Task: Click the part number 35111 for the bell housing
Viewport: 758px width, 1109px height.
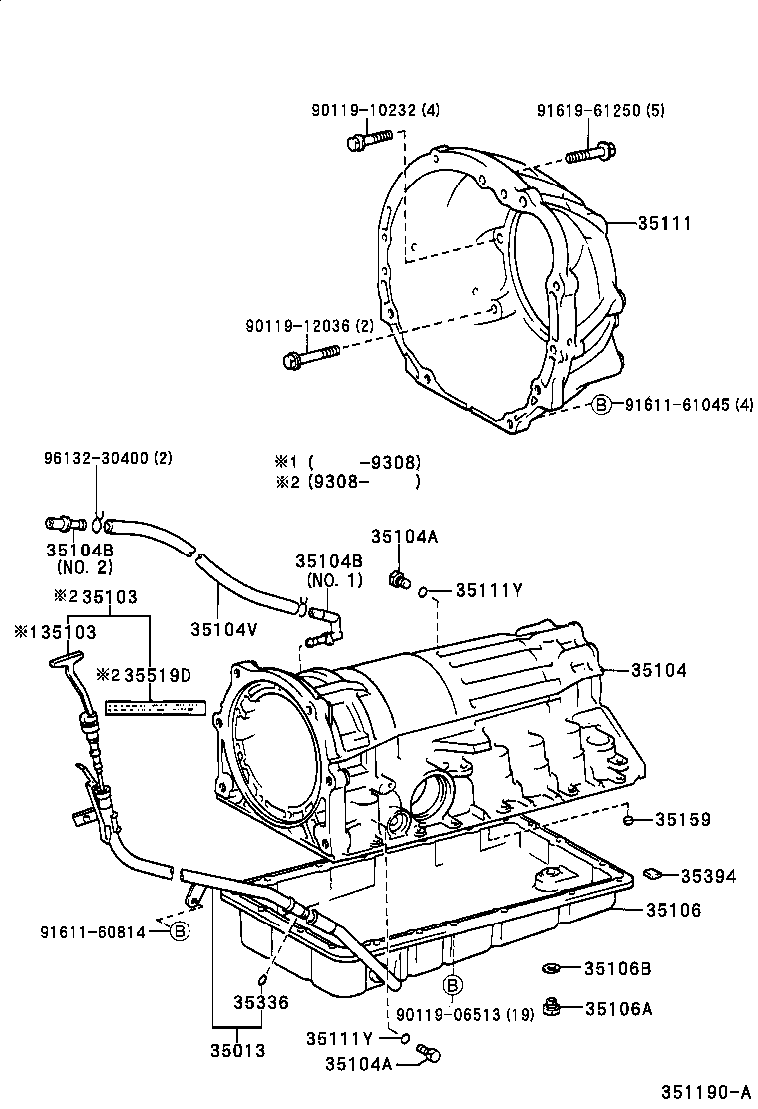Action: pyautogui.click(x=665, y=224)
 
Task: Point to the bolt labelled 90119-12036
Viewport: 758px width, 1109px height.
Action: pyautogui.click(x=311, y=355)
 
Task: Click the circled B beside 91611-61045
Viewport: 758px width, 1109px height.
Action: pyautogui.click(x=601, y=404)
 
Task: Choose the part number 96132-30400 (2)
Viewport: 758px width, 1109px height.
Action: pyautogui.click(x=108, y=459)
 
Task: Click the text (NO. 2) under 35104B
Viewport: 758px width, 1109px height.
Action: pyautogui.click(x=85, y=567)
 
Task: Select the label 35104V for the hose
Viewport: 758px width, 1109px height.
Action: pyautogui.click(x=222, y=628)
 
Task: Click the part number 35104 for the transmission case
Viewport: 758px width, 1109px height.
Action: pyautogui.click(x=658, y=671)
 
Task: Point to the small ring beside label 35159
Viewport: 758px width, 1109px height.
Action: pyautogui.click(x=629, y=820)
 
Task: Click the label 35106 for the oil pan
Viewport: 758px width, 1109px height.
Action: pyautogui.click(x=673, y=910)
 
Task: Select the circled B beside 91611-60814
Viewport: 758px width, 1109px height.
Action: pyautogui.click(x=179, y=932)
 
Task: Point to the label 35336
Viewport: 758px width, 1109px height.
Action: pyautogui.click(x=261, y=1002)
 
